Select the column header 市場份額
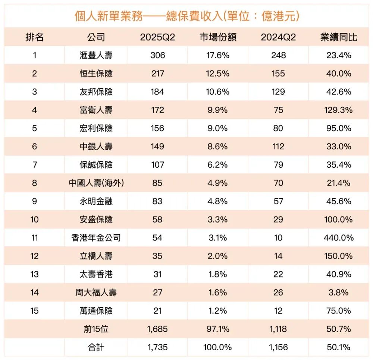218,37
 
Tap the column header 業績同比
339,37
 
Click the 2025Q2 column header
157,37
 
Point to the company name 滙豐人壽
96,56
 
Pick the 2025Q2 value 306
157,56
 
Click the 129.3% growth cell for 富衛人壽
339,110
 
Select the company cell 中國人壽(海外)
96,183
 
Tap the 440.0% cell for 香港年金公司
339,238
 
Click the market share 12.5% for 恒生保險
218,74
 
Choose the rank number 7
34,165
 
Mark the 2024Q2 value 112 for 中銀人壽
278,147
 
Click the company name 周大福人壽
96,292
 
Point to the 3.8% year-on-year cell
339,292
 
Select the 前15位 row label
96,329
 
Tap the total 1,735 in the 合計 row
157,347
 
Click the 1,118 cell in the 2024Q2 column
278,329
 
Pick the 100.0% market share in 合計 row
218,347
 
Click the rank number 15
34,311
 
